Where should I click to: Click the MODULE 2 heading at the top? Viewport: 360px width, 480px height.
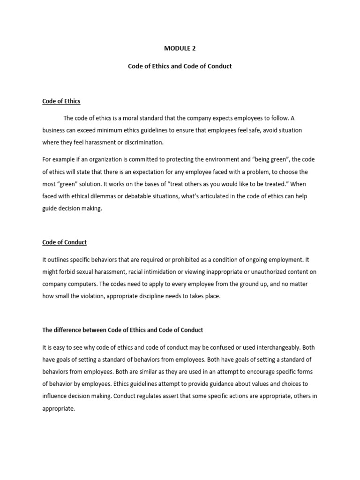point(180,48)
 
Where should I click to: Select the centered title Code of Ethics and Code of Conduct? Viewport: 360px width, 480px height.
point(180,66)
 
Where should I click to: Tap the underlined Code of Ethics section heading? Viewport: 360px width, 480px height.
point(61,101)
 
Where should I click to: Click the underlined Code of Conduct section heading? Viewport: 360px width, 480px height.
point(65,242)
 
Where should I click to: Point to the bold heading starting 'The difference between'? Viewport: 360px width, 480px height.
point(123,330)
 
